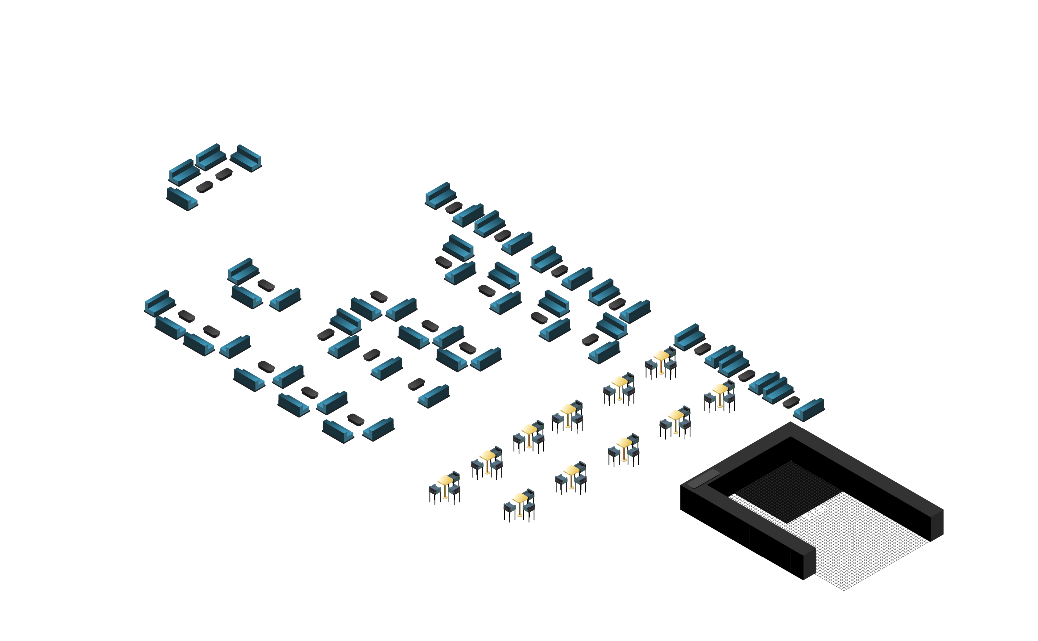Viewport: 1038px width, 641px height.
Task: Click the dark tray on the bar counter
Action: click(x=703, y=478)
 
